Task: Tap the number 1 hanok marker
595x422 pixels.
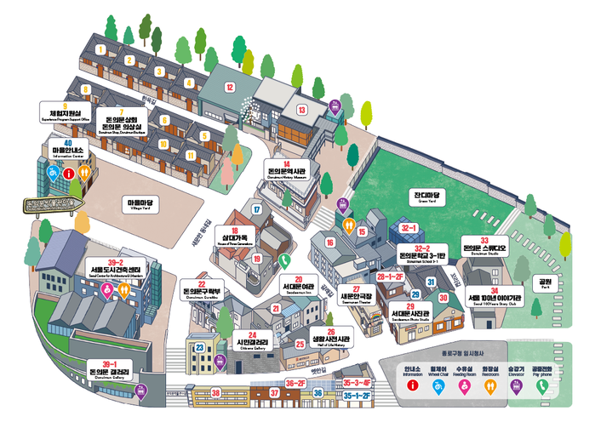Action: (x=100, y=49)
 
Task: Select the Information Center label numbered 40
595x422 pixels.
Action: (x=67, y=151)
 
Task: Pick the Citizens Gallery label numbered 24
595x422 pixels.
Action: (x=252, y=339)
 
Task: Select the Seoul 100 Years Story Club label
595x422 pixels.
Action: (x=495, y=299)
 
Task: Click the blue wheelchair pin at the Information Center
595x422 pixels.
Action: (x=53, y=173)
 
